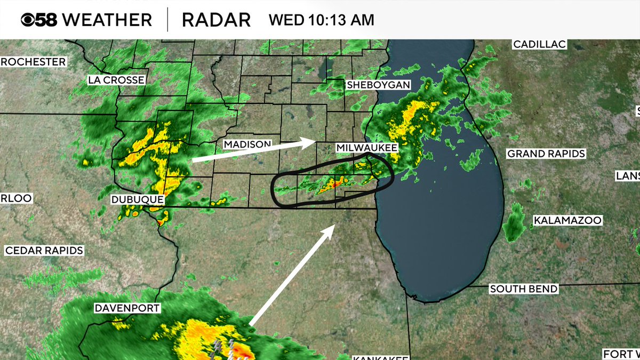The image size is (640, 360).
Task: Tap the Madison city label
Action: pos(247,145)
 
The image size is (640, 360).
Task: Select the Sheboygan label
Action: pos(378,85)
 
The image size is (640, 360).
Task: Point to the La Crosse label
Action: pos(116,80)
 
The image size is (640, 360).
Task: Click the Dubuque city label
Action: pos(137,199)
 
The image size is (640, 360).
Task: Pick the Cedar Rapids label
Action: pos(44,250)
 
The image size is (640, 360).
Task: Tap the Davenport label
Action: pos(127,308)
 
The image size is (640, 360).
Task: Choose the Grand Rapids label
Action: pos(546,154)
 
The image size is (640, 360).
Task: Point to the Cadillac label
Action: pos(539,45)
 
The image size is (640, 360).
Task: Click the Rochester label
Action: pos(33,62)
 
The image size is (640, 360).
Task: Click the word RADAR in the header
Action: pos(216,20)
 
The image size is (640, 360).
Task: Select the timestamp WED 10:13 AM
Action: pos(321,20)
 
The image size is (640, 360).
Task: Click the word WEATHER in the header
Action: pos(107,20)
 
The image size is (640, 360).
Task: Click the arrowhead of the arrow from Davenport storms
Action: pos(331,228)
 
